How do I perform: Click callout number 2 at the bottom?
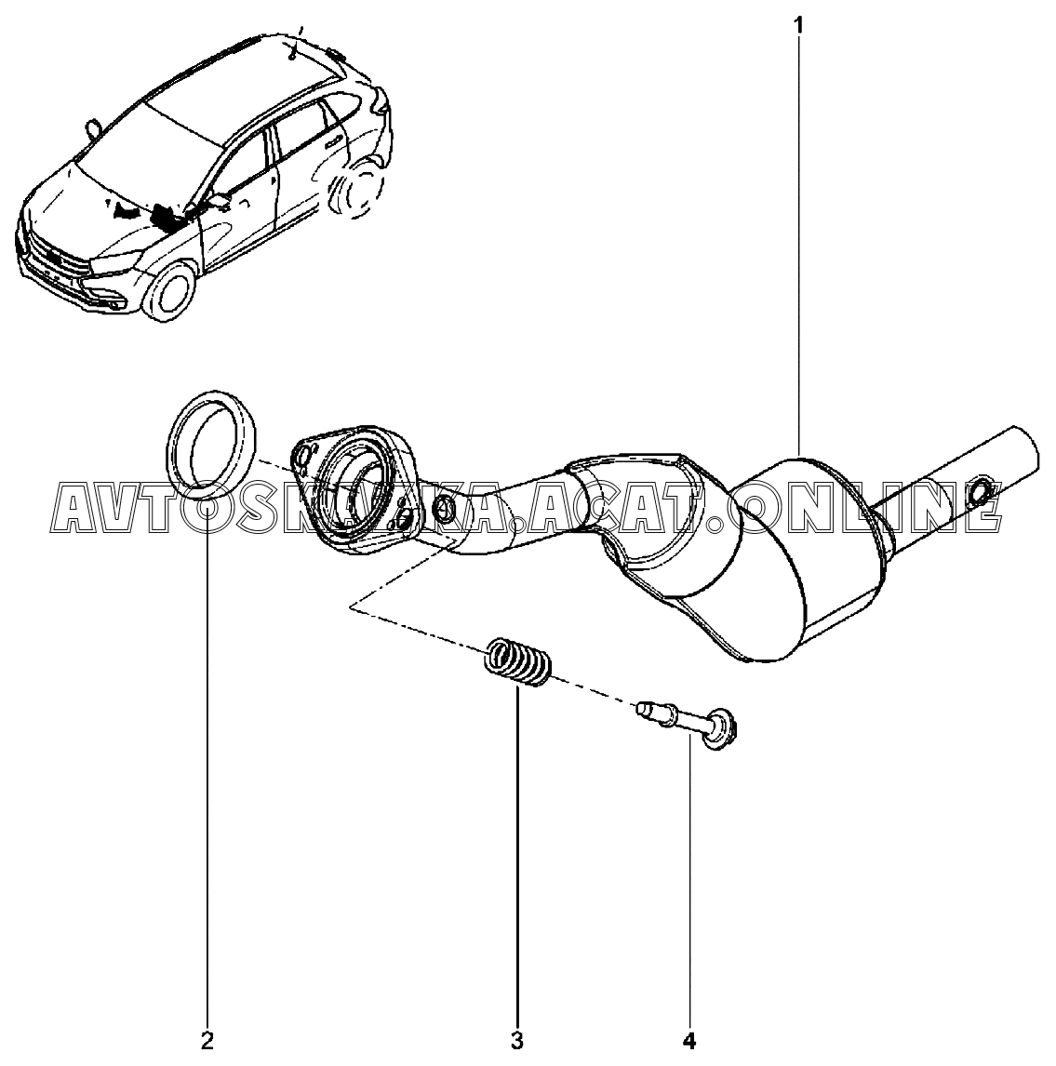(207, 1040)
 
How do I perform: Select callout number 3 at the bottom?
(517, 1040)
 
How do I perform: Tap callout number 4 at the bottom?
(689, 1040)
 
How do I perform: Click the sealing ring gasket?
(214, 441)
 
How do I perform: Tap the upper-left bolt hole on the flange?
(303, 456)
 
